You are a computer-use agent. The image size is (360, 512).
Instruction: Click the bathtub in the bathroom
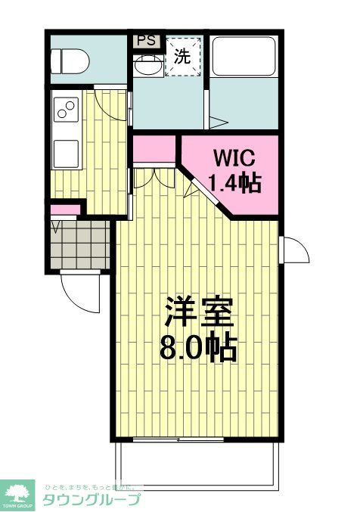tap(244, 57)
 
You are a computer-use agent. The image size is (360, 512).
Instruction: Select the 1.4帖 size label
tap(235, 184)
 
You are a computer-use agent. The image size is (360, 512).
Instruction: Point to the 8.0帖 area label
tap(197, 347)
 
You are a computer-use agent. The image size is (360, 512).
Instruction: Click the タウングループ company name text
tap(92, 500)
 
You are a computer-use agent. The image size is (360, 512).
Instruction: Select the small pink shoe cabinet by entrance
tap(66, 209)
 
